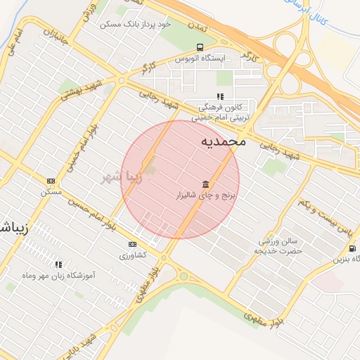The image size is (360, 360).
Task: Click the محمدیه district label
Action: point(224,141)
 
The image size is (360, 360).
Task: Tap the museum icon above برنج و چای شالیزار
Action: point(205,181)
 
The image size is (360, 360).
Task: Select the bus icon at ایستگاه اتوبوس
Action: point(200,48)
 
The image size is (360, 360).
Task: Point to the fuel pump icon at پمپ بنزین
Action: point(351,248)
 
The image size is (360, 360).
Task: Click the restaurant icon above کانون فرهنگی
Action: point(220,96)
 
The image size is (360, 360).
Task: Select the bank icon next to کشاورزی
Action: point(131,244)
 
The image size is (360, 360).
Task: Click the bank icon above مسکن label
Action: point(50,181)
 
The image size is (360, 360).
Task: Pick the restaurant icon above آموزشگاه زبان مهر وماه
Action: point(58,264)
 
